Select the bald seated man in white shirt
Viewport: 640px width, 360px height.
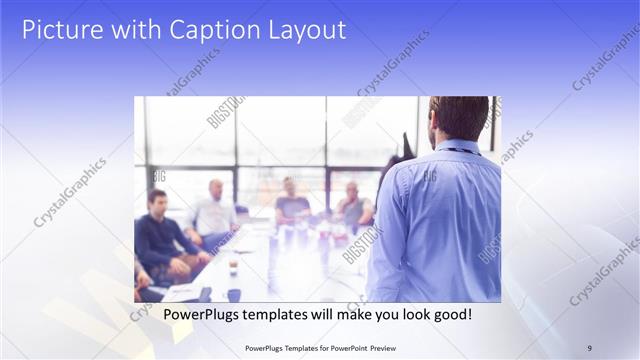[213, 212]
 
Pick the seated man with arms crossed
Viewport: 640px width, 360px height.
[353, 207]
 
